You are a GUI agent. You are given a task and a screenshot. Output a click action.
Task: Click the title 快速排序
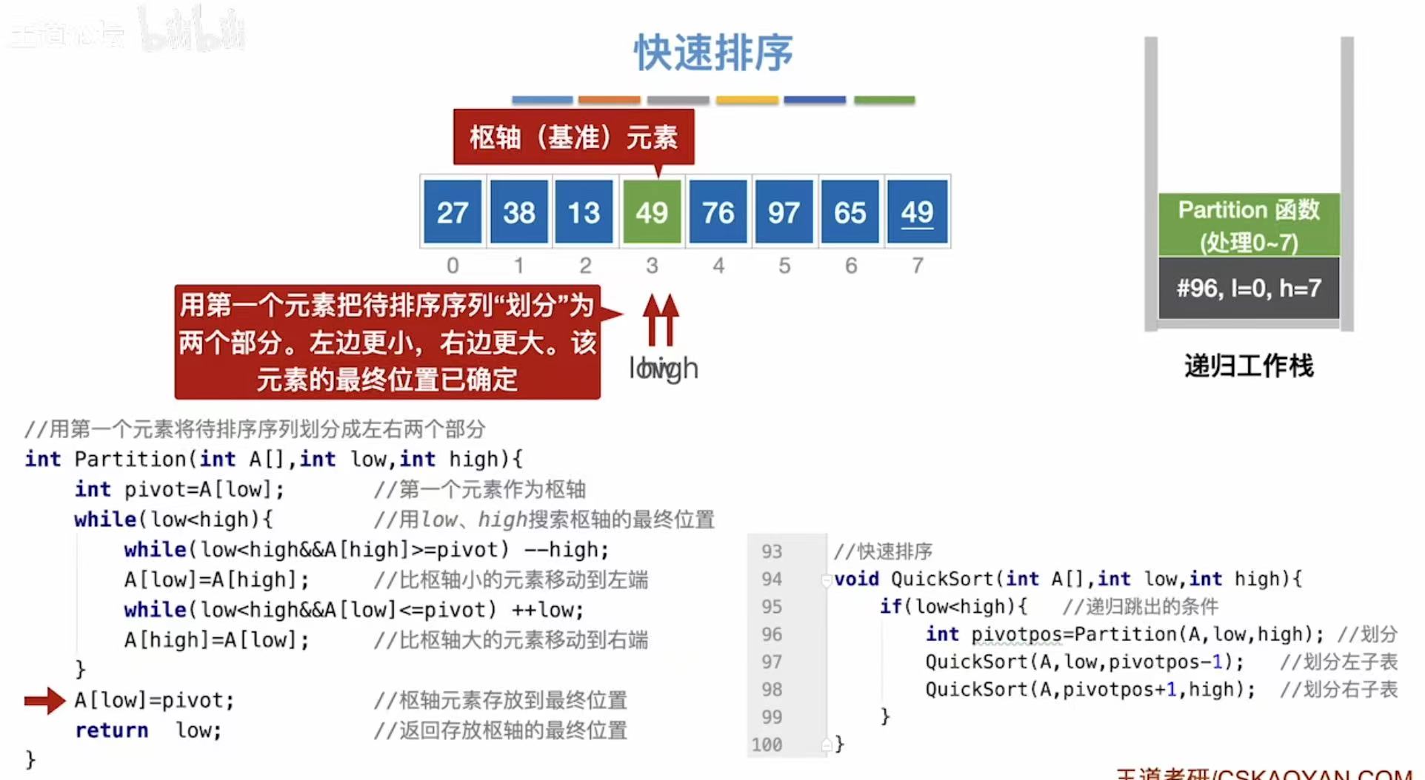click(x=712, y=53)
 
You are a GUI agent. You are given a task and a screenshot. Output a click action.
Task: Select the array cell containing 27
click(x=453, y=212)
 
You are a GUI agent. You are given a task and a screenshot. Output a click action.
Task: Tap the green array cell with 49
click(x=652, y=212)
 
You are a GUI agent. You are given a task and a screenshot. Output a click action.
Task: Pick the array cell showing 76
click(x=718, y=212)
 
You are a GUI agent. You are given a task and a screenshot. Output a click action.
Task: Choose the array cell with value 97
click(x=784, y=212)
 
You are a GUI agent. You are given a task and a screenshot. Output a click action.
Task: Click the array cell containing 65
click(x=850, y=212)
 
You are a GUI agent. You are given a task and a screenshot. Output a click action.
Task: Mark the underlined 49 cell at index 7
click(x=917, y=212)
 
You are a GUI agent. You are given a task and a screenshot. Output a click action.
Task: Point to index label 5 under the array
click(x=784, y=265)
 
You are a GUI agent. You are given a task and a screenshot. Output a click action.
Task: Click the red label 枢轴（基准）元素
click(x=573, y=137)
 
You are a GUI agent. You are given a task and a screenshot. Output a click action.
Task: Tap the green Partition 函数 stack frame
click(x=1249, y=225)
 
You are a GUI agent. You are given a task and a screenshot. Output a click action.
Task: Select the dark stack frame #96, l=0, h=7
click(x=1249, y=288)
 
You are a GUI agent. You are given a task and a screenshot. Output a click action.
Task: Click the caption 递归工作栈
click(x=1249, y=366)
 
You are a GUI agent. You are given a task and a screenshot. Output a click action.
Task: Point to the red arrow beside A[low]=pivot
click(x=44, y=700)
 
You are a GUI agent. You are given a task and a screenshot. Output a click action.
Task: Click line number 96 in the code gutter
click(x=772, y=634)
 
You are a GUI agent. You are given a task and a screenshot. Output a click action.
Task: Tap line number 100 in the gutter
click(x=767, y=744)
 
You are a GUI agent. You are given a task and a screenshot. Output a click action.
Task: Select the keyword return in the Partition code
click(x=111, y=730)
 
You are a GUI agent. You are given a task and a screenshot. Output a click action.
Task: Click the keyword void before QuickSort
click(x=856, y=579)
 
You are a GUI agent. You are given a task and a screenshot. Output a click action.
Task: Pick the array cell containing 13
click(x=584, y=212)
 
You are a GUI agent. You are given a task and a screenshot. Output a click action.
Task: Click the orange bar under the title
click(x=609, y=100)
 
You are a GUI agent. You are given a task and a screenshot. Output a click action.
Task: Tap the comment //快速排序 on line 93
click(x=883, y=551)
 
